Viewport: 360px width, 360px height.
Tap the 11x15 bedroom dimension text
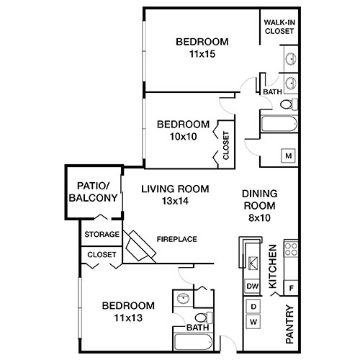[202, 53]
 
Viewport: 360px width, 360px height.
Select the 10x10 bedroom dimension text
[183, 136]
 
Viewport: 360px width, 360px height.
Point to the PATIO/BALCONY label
[92, 191]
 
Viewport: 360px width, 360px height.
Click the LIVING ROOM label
[175, 189]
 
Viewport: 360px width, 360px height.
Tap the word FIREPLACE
[176, 239]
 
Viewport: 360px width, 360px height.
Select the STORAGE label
[102, 235]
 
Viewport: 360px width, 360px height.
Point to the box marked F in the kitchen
[291, 288]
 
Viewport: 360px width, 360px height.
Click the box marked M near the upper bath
[288, 156]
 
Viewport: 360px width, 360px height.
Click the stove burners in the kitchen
[292, 250]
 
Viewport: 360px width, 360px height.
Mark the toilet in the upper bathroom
[287, 105]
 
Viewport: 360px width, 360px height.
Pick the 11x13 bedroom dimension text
[128, 316]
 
